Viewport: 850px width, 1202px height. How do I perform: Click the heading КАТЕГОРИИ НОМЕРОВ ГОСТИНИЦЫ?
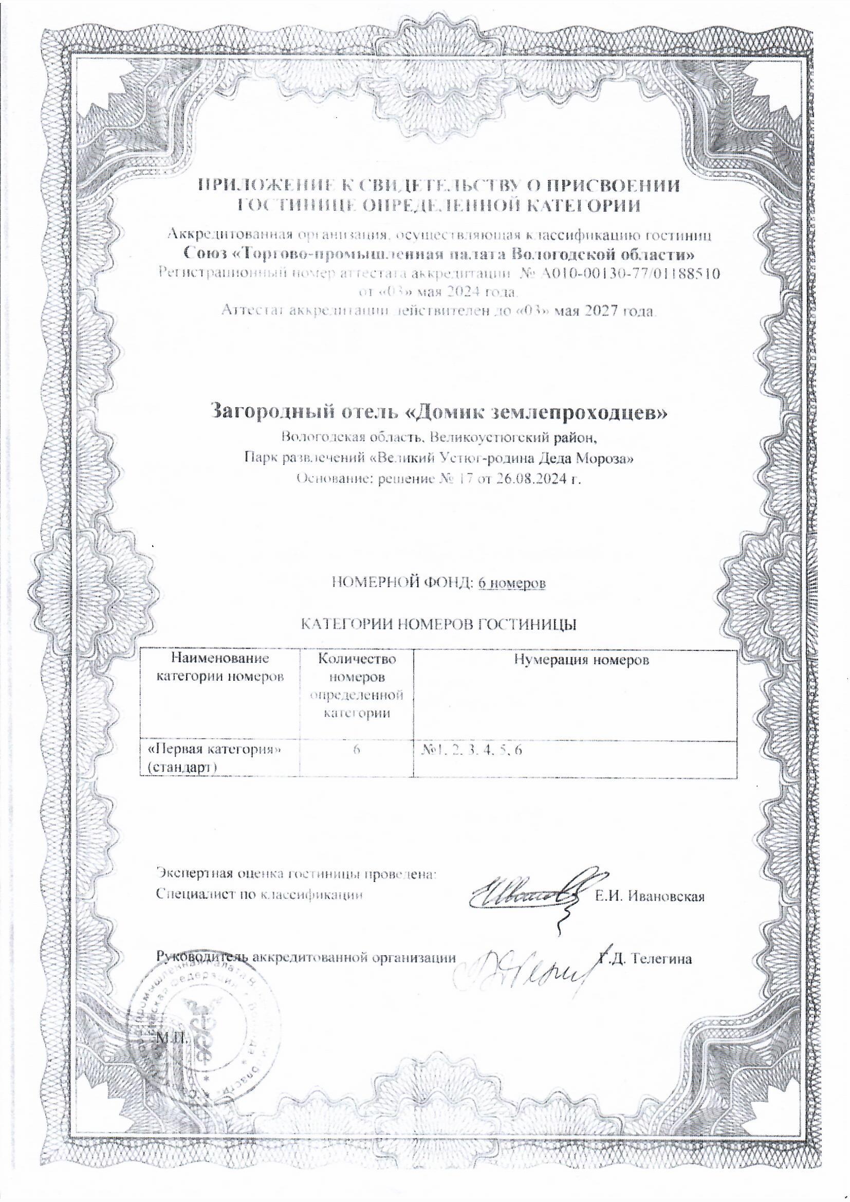tap(439, 624)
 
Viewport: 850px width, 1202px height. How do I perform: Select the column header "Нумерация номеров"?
tap(581, 660)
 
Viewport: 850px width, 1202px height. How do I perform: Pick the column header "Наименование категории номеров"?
tap(220, 667)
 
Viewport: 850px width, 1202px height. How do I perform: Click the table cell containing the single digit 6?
tap(356, 749)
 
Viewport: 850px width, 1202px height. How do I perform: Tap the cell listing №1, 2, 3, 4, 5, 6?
tap(471, 750)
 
